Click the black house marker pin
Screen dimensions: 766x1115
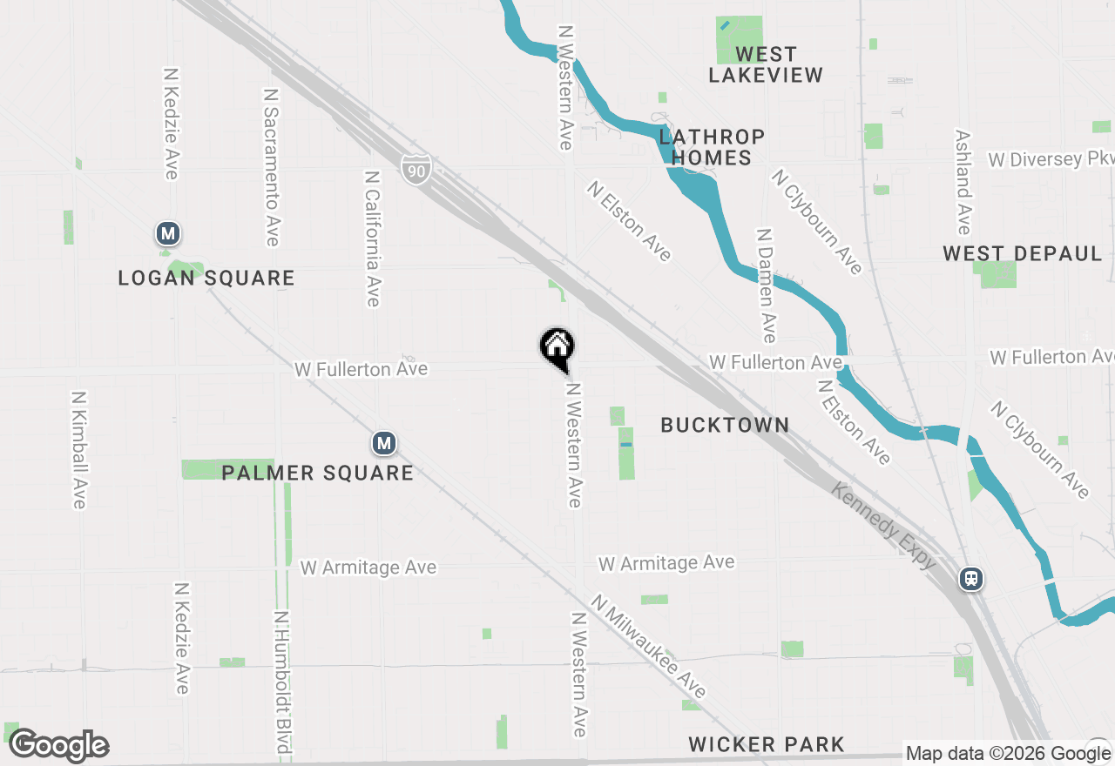tap(557, 349)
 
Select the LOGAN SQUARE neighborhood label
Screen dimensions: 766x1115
tap(206, 279)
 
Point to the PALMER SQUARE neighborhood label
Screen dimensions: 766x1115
tap(317, 473)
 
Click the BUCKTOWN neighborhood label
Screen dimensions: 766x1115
tap(725, 425)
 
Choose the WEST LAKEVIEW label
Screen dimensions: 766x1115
tap(766, 65)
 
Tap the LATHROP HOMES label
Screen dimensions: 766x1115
tap(712, 147)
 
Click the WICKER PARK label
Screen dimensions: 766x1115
tap(766, 744)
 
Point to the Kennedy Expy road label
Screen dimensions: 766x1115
tap(883, 527)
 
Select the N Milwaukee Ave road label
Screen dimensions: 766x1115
tap(648, 647)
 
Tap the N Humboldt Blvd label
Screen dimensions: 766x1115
tap(281, 682)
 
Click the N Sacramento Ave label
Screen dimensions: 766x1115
tap(271, 166)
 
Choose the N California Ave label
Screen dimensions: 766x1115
tap(373, 238)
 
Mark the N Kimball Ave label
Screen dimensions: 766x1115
tap(78, 447)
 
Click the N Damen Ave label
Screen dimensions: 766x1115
tap(766, 286)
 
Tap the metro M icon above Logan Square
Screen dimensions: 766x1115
tap(168, 233)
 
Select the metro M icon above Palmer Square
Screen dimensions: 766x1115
tap(384, 443)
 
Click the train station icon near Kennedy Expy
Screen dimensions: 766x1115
tap(971, 579)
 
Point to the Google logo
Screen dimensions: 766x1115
tap(58, 746)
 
